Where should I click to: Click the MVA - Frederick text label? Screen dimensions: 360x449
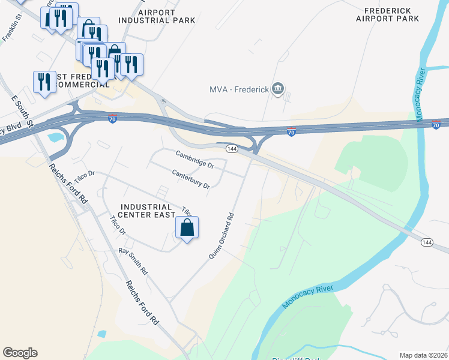click(x=238, y=90)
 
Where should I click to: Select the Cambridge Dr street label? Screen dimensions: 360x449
click(x=195, y=159)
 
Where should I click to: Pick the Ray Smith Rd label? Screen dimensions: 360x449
click(x=133, y=262)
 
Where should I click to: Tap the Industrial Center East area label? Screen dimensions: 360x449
click(x=146, y=211)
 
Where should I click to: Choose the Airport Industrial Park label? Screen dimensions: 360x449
click(x=157, y=16)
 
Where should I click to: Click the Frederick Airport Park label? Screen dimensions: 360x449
click(x=387, y=14)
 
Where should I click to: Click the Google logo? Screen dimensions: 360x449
click(x=20, y=353)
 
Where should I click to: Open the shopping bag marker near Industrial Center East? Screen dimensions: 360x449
click(x=187, y=227)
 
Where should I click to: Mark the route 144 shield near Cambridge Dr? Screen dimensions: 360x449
click(x=231, y=148)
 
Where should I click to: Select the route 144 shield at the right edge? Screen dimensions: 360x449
click(x=427, y=242)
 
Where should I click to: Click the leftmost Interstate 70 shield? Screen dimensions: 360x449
click(x=112, y=119)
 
